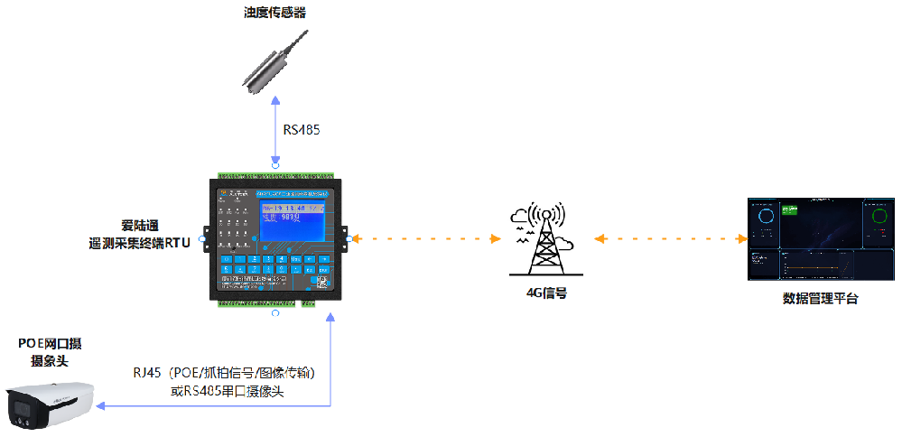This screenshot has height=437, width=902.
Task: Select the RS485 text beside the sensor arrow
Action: [x=302, y=130]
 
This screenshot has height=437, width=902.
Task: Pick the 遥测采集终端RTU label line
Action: [x=139, y=243]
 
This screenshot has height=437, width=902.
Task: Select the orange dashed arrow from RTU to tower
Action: [x=423, y=239]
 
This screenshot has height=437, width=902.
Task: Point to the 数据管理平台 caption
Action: [x=820, y=299]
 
